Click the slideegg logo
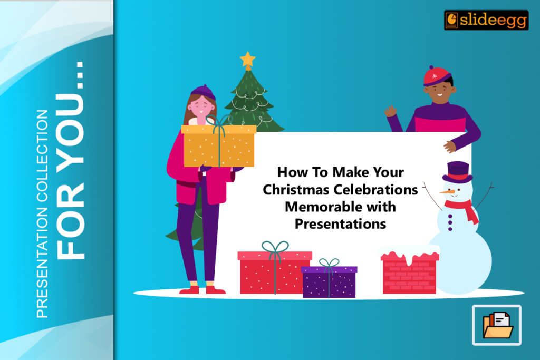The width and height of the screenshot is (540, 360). tap(486, 20)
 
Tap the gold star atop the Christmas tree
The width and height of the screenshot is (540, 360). tap(247, 59)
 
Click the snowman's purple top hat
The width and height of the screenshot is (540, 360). tap(457, 172)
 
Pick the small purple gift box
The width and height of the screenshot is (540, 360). tap(329, 282)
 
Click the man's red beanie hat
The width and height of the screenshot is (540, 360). tap(437, 76)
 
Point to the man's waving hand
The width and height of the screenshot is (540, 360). tap(390, 111)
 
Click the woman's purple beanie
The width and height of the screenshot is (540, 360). tap(203, 92)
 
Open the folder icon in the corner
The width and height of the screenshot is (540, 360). tap(497, 325)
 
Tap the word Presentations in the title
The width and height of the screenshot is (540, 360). tap(340, 223)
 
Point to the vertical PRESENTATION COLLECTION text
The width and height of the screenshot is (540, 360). tap(42, 213)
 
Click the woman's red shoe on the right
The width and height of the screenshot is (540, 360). tap(215, 289)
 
